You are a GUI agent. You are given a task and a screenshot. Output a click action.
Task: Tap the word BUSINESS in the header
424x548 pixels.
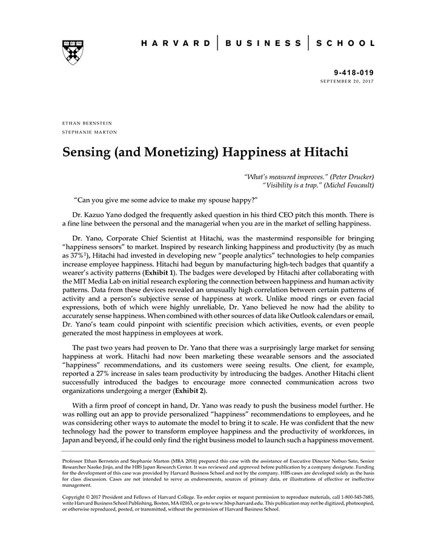point(263,44)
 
